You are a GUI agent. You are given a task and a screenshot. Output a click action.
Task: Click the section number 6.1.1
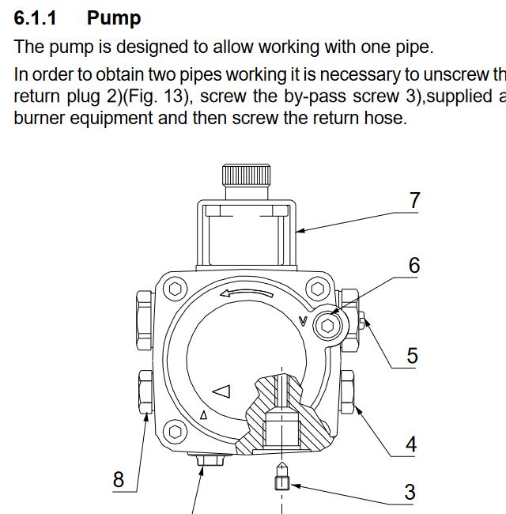click(x=36, y=17)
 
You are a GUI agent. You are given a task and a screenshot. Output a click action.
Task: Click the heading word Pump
click(x=114, y=17)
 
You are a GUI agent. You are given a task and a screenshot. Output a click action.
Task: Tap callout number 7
click(x=414, y=201)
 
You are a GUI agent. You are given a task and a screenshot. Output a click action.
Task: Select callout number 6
click(x=414, y=266)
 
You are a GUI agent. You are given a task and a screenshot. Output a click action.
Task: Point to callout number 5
click(x=412, y=356)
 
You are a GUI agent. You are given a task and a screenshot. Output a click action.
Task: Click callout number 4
click(x=410, y=445)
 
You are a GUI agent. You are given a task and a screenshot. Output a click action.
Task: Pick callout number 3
click(x=410, y=492)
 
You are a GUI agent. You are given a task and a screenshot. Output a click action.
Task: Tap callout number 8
click(x=119, y=479)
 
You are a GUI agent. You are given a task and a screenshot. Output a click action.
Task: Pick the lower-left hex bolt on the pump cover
click(x=175, y=432)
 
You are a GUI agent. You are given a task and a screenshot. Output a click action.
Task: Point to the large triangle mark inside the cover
click(x=221, y=391)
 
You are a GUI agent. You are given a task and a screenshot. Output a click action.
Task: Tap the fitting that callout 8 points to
click(x=144, y=391)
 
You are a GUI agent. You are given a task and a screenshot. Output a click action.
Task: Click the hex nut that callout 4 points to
click(x=348, y=391)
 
